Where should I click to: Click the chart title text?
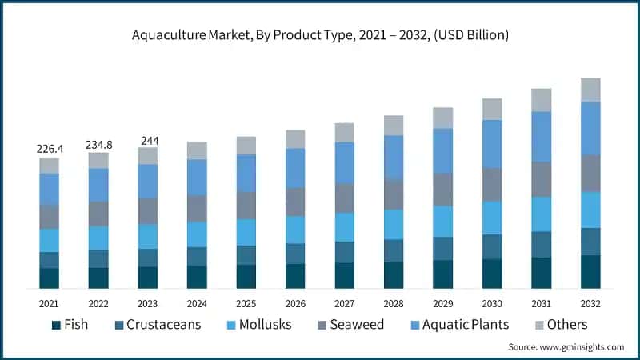pyautogui.click(x=320, y=35)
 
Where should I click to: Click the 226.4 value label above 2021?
pyautogui.click(x=50, y=148)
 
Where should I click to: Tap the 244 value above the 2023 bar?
pyautogui.click(x=148, y=140)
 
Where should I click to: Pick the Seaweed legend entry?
pyautogui.click(x=350, y=324)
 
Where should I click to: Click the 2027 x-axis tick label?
pyautogui.click(x=345, y=304)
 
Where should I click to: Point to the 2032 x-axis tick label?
pyautogui.click(x=590, y=304)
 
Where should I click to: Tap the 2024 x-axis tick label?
pyautogui.click(x=197, y=304)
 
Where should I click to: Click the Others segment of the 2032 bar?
pyautogui.click(x=590, y=90)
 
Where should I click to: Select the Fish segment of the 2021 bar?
pyautogui.click(x=50, y=278)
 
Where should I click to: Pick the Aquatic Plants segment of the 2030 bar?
pyautogui.click(x=492, y=143)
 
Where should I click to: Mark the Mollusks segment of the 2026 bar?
pyautogui.click(x=295, y=229)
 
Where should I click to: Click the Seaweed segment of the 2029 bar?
pyautogui.click(x=443, y=189)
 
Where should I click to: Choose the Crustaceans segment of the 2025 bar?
pyautogui.click(x=246, y=254)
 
